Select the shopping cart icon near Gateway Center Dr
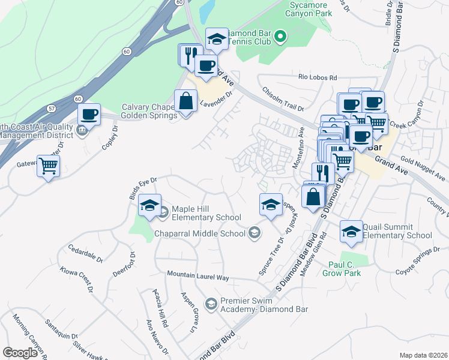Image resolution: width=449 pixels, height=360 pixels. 49,166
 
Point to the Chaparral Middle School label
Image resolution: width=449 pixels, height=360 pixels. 200,233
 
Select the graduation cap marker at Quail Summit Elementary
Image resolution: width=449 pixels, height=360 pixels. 351,232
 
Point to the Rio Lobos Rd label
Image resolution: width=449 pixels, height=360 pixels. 318,77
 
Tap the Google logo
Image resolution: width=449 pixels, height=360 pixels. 20,353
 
